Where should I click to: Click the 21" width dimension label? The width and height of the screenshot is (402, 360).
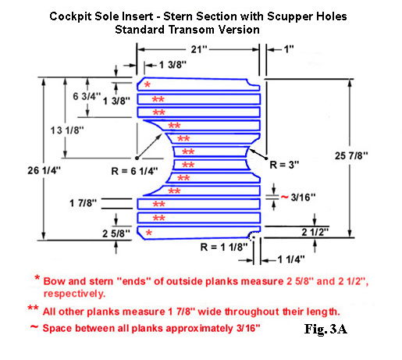[199, 49]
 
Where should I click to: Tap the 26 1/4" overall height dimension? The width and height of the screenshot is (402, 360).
[44, 170]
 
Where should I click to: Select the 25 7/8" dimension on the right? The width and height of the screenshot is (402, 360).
[351, 156]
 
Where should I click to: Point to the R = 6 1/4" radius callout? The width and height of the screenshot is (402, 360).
[134, 171]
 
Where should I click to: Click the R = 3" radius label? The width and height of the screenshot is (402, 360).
[284, 165]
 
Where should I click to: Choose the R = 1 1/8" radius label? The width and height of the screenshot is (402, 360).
[224, 247]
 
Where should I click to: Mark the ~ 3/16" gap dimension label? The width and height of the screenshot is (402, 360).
[298, 198]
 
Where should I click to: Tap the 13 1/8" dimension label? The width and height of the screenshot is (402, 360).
[67, 130]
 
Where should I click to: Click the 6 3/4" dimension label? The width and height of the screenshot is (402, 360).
[87, 96]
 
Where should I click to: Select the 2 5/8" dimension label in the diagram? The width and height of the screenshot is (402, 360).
[116, 233]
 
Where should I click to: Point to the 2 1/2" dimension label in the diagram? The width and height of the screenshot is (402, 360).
[315, 232]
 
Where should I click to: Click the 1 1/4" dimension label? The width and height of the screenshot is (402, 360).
[291, 259]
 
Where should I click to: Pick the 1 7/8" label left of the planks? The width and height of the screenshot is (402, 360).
[83, 203]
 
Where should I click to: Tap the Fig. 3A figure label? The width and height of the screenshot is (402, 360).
[326, 329]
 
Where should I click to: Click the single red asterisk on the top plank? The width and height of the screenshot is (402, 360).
[148, 84]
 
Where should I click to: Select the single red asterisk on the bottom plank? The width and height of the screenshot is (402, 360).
[149, 233]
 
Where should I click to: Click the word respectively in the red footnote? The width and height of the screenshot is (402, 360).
[74, 294]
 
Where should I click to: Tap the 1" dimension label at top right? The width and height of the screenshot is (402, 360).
[289, 49]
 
